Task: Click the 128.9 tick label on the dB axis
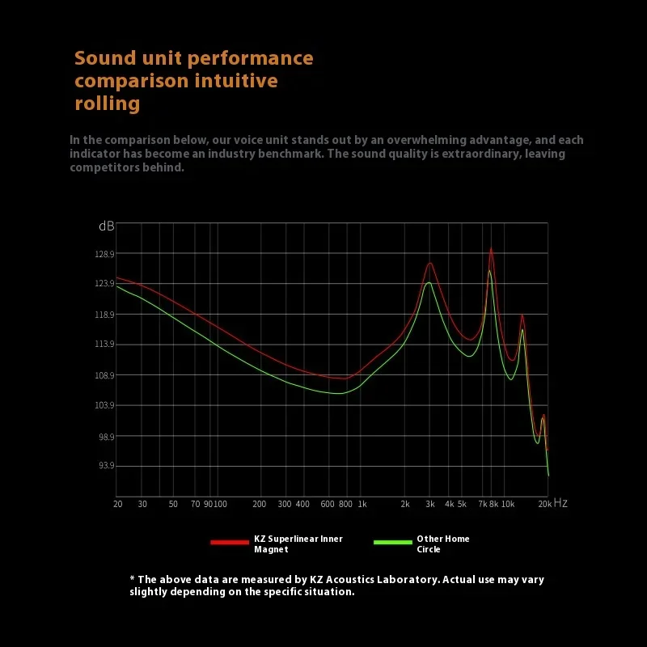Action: pyautogui.click(x=105, y=254)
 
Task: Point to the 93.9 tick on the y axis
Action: pyautogui.click(x=106, y=466)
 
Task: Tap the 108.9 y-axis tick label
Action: pyautogui.click(x=105, y=375)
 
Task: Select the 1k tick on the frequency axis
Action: pyautogui.click(x=362, y=504)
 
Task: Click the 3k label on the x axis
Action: pyautogui.click(x=429, y=504)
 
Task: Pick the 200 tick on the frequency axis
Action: pyautogui.click(x=260, y=504)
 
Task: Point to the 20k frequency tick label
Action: pyautogui.click(x=544, y=504)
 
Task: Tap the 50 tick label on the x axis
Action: pyautogui.click(x=173, y=504)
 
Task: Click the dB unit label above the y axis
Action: pyautogui.click(x=107, y=226)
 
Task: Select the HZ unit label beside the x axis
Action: pyautogui.click(x=560, y=503)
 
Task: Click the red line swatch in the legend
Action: pyautogui.click(x=230, y=543)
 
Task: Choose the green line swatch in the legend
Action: pyautogui.click(x=393, y=543)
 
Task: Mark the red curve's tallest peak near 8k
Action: pyautogui.click(x=491, y=249)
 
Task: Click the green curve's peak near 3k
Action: pyautogui.click(x=429, y=282)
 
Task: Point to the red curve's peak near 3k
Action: pyautogui.click(x=430, y=263)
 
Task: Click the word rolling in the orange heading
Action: pyautogui.click(x=108, y=104)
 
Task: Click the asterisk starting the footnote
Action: pyautogui.click(x=133, y=578)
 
